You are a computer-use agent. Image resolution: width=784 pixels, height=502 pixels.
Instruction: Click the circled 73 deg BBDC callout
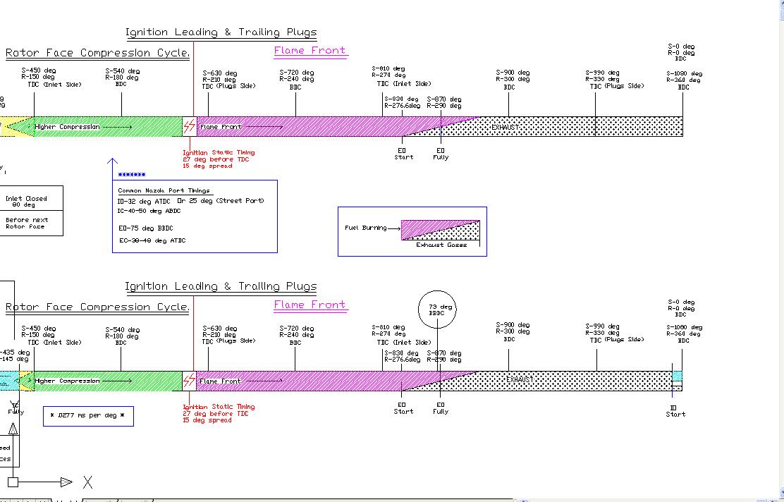click(437, 310)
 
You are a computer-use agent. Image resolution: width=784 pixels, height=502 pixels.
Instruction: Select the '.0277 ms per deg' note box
click(88, 416)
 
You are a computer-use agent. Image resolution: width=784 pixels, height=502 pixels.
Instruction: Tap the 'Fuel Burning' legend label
click(365, 228)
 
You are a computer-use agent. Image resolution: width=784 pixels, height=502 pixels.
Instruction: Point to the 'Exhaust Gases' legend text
click(441, 245)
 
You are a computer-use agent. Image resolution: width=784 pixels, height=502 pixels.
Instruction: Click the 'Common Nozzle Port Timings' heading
click(164, 190)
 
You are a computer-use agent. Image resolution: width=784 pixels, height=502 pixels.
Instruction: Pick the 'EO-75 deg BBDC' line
click(145, 228)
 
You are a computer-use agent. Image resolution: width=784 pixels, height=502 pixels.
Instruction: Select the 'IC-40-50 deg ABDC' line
click(149, 211)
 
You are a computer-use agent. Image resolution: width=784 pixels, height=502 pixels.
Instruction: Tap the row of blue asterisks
click(132, 175)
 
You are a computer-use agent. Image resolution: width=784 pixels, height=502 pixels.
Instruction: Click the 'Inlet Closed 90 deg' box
click(27, 202)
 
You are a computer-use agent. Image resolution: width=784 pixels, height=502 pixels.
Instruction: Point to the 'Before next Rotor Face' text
click(27, 224)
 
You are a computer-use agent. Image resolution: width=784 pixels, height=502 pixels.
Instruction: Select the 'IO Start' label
click(675, 411)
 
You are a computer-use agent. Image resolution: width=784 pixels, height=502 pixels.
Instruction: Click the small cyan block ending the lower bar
click(678, 376)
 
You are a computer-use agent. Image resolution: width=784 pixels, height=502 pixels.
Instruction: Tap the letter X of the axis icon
click(87, 482)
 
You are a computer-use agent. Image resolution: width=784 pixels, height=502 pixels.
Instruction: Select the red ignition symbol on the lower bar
click(189, 381)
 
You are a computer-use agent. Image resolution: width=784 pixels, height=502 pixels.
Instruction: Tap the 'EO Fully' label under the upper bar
click(441, 154)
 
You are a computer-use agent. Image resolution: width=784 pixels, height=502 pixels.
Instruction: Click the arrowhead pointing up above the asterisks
click(112, 163)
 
